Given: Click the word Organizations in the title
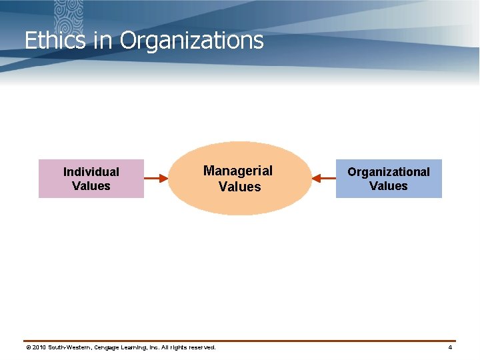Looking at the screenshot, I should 192,41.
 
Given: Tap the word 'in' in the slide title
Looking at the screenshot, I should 103,41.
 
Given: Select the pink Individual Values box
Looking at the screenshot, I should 91,179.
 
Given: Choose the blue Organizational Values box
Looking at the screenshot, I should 389,179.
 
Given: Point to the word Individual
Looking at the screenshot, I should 91,172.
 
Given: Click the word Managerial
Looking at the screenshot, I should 238,171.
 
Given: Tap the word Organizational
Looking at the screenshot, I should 389,172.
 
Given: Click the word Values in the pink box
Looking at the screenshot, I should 91,186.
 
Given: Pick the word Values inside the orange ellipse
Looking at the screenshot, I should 239,187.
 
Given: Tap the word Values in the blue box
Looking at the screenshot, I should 389,186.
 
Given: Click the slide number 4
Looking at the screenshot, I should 450,347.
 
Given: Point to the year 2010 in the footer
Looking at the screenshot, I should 39,347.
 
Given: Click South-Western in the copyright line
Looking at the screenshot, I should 71,347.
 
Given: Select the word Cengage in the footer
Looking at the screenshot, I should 111,347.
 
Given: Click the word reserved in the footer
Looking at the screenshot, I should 201,347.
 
